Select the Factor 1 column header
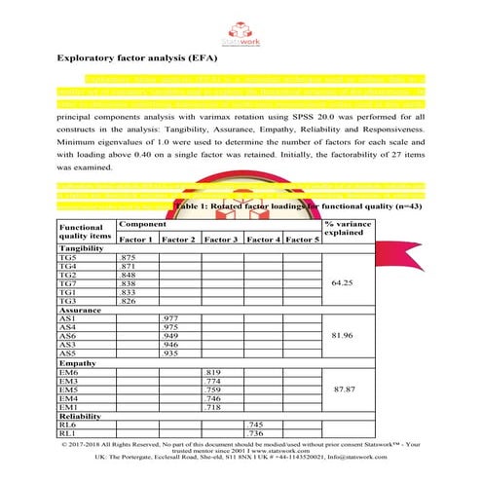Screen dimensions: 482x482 (x=136, y=239)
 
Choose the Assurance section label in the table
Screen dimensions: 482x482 (x=80, y=310)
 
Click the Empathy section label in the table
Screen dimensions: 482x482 (x=78, y=363)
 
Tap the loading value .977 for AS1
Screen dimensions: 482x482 (x=167, y=318)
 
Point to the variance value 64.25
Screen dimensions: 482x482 (x=348, y=283)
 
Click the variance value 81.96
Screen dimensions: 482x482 (x=348, y=337)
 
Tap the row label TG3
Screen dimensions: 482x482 (x=68, y=301)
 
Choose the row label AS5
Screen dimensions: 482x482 (x=67, y=353)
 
